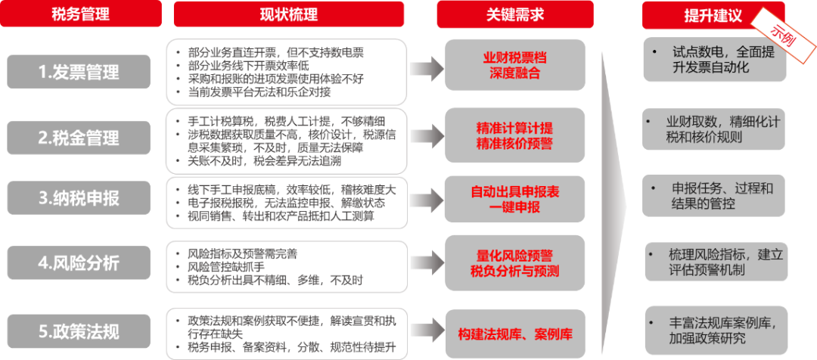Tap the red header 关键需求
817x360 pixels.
coord(514,14)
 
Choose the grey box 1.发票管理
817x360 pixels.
coord(80,72)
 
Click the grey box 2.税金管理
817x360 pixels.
coord(80,138)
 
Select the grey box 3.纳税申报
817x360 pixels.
coord(80,199)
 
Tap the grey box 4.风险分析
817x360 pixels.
coord(80,263)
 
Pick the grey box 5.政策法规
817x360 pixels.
coord(80,331)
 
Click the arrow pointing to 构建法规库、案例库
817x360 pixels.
coord(425,334)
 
